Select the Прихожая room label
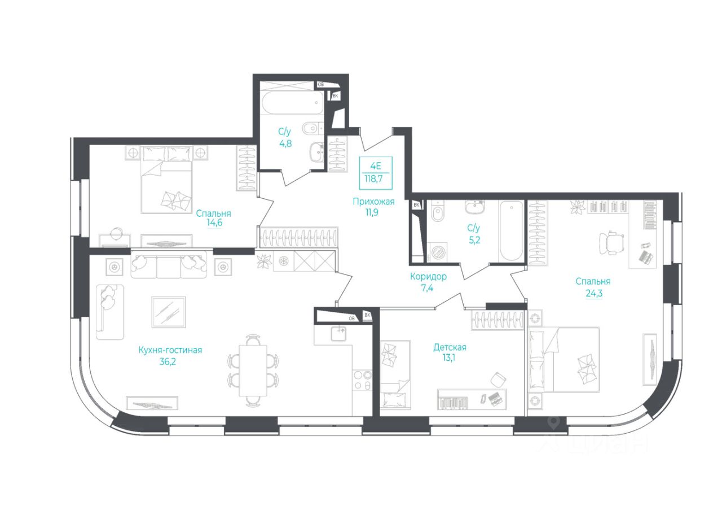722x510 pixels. tap(373, 201)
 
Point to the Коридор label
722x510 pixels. tap(429, 277)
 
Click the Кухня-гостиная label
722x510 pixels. tap(170, 350)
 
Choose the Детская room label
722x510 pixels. tap(450, 347)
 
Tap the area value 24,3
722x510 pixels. tap(593, 293)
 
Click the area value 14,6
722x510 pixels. tap(213, 223)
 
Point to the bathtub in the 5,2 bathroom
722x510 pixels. tap(512, 232)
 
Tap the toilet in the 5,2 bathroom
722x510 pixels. tap(437, 213)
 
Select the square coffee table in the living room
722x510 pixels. tap(169, 312)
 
